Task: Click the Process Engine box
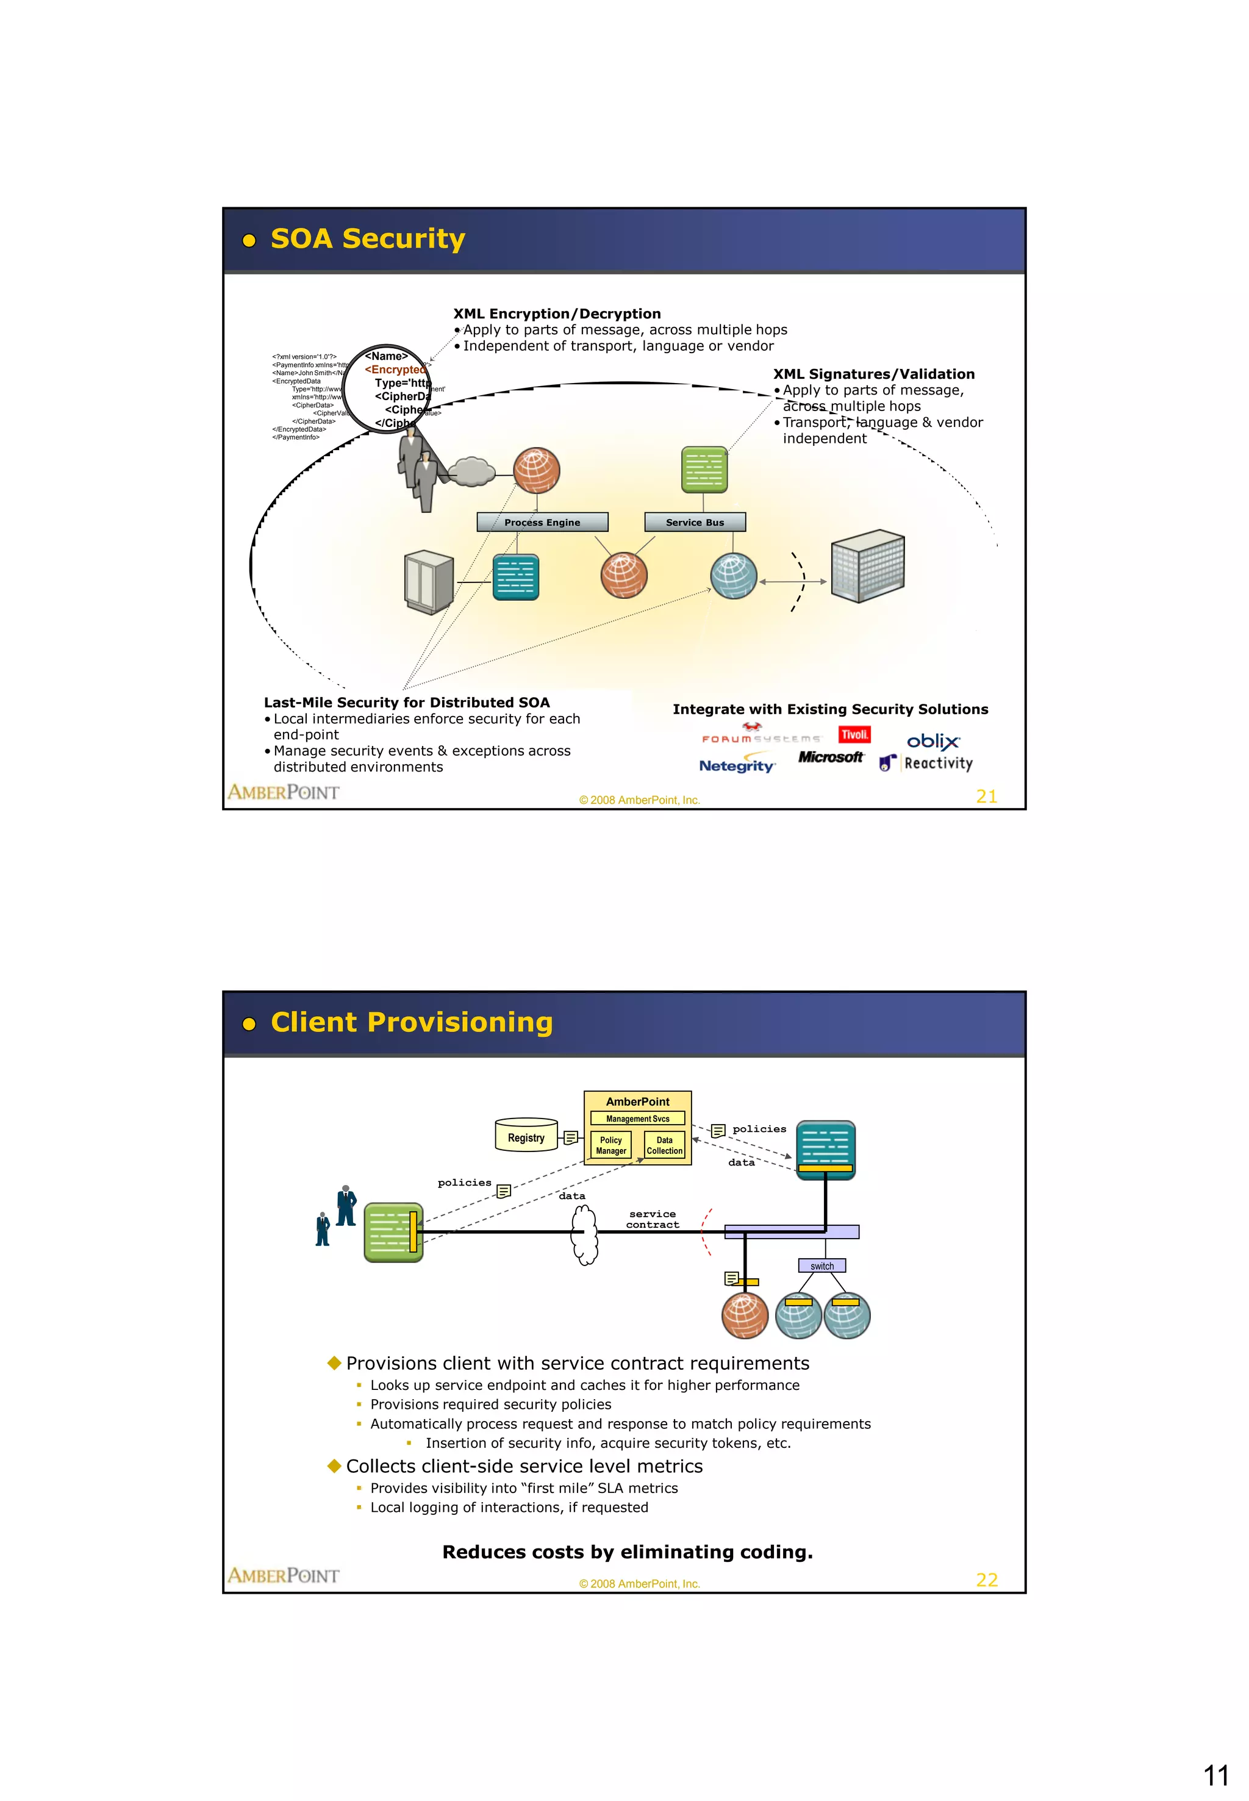coord(542,522)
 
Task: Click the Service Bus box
coord(694,522)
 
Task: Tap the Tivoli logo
coord(854,734)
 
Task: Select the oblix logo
coord(933,740)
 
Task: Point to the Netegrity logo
coord(736,765)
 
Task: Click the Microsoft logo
coord(830,757)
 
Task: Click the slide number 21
coord(986,797)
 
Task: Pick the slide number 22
coord(986,1580)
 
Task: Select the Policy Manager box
coord(610,1145)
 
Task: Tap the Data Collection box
coord(664,1145)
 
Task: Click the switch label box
coord(821,1266)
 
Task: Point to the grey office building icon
coord(867,565)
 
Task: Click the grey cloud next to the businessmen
coord(472,471)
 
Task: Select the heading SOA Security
coord(367,238)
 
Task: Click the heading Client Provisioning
coord(411,1022)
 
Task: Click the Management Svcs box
coord(637,1119)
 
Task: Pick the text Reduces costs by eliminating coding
coord(627,1552)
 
